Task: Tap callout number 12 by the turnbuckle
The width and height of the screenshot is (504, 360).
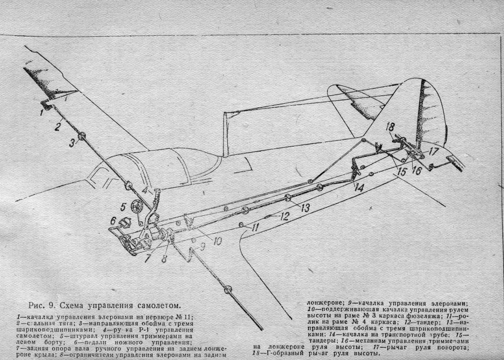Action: click(284, 216)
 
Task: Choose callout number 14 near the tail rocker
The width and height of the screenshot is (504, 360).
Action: click(359, 188)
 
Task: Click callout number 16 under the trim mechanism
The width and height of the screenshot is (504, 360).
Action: click(417, 170)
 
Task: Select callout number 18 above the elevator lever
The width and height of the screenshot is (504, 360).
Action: click(390, 127)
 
